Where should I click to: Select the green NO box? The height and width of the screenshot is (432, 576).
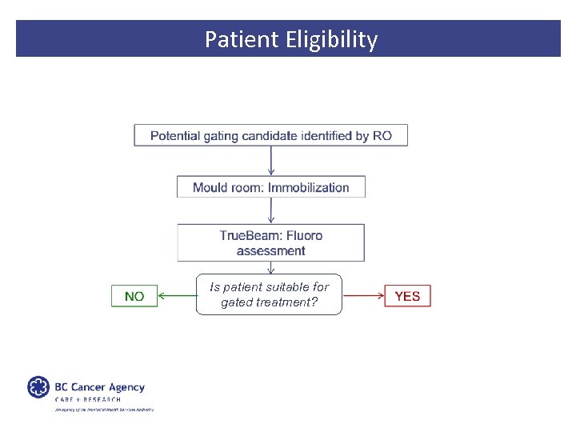pyautogui.click(x=134, y=296)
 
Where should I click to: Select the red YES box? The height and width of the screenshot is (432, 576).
pyautogui.click(x=407, y=296)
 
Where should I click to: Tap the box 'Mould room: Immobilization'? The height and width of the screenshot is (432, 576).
pyautogui.click(x=270, y=187)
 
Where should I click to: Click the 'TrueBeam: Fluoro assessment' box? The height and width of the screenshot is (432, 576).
pyautogui.click(x=270, y=242)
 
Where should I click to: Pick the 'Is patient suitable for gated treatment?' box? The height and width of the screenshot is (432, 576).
pyautogui.click(x=269, y=294)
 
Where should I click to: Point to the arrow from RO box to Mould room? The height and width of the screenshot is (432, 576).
pyautogui.click(x=271, y=161)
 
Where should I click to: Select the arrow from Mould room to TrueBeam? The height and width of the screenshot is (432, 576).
pyautogui.click(x=271, y=210)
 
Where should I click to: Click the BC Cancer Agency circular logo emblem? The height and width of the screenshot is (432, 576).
pyautogui.click(x=38, y=387)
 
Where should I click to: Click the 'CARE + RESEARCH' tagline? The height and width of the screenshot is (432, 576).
pyautogui.click(x=88, y=399)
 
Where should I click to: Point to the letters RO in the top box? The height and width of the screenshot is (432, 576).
pyautogui.click(x=382, y=136)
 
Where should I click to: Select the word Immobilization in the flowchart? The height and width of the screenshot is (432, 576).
pyautogui.click(x=309, y=188)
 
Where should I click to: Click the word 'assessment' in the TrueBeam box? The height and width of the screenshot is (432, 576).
pyautogui.click(x=270, y=250)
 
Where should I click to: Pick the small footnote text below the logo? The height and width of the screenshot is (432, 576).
pyautogui.click(x=103, y=410)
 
